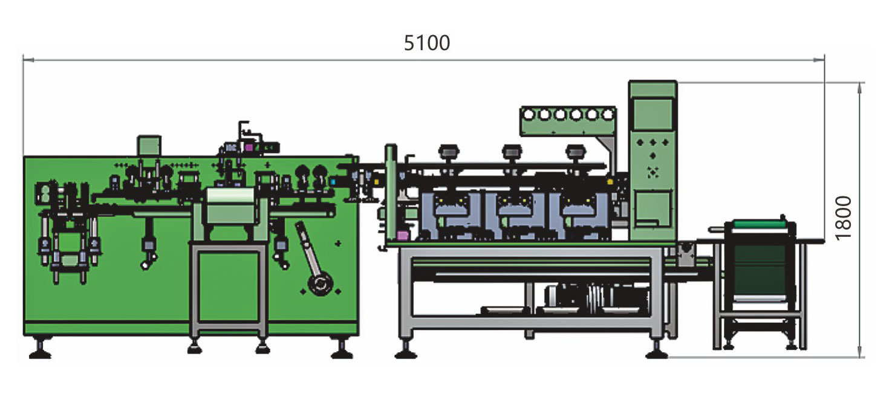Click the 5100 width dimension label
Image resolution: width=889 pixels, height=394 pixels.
coord(426,43)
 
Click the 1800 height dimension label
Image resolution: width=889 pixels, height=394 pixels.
coord(844,218)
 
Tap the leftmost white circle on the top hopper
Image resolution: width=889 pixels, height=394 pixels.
coord(529,115)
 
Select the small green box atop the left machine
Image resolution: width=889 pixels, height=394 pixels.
coord(149,146)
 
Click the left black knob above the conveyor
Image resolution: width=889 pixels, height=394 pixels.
coord(449,152)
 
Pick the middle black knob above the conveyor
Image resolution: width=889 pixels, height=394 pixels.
coord(512,152)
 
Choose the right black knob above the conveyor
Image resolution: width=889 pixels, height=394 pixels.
coord(576,152)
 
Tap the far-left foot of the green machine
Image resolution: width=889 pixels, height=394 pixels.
coord(41,349)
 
